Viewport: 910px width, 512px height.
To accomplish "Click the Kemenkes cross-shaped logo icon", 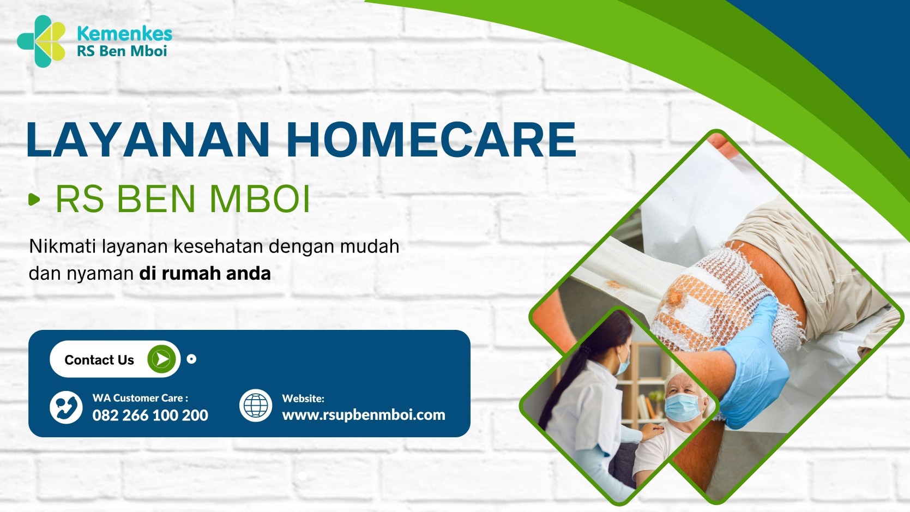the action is coord(41,41).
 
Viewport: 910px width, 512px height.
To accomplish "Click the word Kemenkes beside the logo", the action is coord(125,34).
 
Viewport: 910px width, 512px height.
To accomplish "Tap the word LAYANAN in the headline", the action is coord(148,140).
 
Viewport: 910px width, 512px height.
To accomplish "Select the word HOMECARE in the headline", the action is coord(431,140).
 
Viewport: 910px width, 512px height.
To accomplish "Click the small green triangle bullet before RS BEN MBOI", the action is coord(34,199).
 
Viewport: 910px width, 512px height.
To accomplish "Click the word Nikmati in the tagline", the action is coord(62,246).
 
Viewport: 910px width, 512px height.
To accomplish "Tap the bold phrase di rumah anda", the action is coord(205,274).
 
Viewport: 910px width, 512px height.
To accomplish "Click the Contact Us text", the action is coord(99,360).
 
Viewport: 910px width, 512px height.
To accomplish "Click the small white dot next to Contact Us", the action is coord(191,359).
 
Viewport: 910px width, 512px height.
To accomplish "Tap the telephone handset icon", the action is coord(66,407).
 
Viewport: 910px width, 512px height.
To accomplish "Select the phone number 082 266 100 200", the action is coord(150,415).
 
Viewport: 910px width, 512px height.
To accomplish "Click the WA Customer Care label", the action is coord(140,398).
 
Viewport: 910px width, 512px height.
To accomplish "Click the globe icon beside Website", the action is coord(256,406).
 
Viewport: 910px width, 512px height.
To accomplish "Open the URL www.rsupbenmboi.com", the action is coord(364,415).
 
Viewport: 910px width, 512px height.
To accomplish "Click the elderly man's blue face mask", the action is coord(683,407).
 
